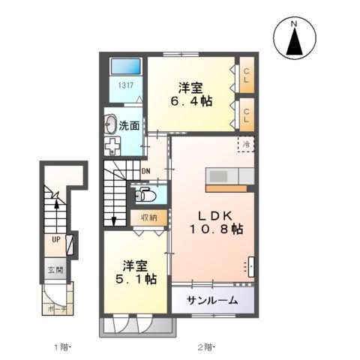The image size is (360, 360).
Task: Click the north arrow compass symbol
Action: tap(295, 38)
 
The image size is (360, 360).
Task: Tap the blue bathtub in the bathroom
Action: tap(126, 66)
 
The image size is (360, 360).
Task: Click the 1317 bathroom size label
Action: tap(125, 85)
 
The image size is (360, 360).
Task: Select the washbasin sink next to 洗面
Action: tap(110, 124)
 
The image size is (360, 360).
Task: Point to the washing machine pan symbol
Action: tap(112, 146)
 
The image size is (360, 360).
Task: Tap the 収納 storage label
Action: tap(149, 217)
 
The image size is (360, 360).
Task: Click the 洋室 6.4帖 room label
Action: tap(191, 94)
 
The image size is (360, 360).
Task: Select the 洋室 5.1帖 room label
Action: tap(136, 272)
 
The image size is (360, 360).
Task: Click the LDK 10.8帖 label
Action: tap(216, 223)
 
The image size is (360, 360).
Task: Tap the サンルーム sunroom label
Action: tap(212, 300)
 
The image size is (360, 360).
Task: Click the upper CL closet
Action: tap(247, 75)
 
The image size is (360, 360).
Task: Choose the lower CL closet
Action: tap(247, 115)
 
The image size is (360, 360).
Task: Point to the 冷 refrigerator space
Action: tap(246, 144)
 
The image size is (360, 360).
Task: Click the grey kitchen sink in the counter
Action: tap(218, 177)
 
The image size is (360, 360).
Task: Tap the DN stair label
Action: tap(146, 171)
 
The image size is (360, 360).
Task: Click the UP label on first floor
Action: tap(56, 239)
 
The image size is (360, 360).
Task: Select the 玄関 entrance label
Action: tap(55, 270)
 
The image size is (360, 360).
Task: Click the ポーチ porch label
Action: tap(57, 310)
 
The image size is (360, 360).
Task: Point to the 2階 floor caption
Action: tap(206, 347)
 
